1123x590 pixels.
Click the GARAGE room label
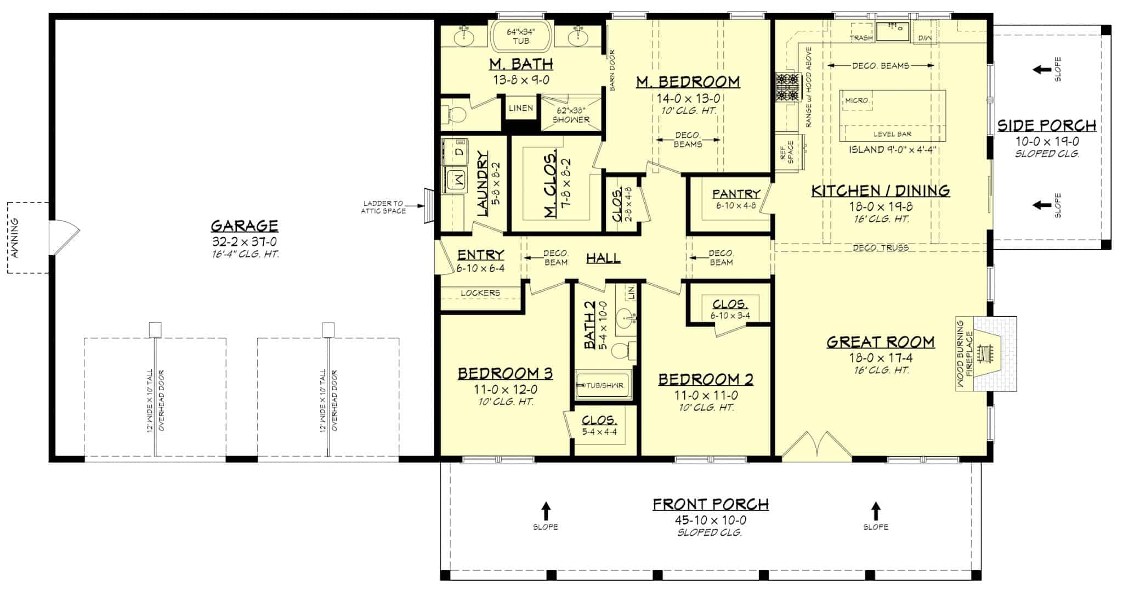tap(245, 226)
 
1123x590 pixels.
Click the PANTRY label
tap(736, 194)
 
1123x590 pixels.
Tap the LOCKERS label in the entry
tap(480, 293)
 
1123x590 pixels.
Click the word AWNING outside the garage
tap(15, 238)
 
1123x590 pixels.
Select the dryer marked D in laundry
tap(460, 150)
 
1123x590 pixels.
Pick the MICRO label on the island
tap(856, 100)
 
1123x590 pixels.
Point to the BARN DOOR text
tap(612, 70)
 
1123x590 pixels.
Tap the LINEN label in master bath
tap(520, 108)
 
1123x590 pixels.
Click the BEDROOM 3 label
tap(505, 374)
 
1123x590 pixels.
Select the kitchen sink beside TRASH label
tap(892, 32)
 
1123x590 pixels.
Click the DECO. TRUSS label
tap(881, 248)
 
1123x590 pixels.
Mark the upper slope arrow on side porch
tap(1039, 69)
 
